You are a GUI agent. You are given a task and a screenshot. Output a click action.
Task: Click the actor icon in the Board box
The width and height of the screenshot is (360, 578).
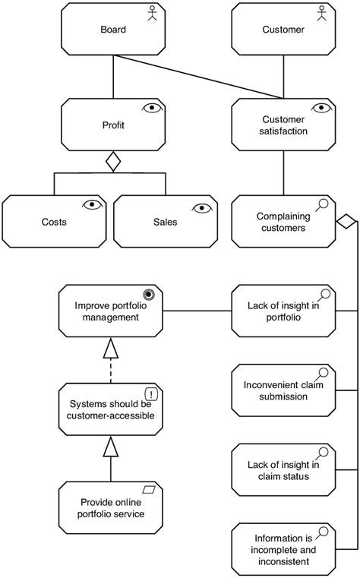(152, 13)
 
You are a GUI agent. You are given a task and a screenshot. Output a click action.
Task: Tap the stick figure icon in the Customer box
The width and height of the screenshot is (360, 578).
(322, 13)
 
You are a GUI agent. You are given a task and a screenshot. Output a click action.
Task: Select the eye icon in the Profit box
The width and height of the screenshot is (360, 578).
(152, 108)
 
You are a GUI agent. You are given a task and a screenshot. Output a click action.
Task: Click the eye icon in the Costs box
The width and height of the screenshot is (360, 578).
(93, 204)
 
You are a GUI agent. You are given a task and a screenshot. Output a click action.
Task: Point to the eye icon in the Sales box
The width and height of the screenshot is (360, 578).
(202, 208)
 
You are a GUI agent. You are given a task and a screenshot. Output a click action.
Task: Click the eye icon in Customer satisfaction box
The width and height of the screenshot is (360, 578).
(322, 108)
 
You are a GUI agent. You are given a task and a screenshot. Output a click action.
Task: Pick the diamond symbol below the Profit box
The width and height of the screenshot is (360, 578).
(113, 162)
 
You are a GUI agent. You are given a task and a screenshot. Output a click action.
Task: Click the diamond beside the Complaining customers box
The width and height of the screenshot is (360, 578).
(346, 222)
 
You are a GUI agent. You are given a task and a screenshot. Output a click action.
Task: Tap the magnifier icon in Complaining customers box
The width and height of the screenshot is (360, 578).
(322, 204)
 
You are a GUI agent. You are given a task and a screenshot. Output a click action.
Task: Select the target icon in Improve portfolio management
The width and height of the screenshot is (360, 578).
(149, 295)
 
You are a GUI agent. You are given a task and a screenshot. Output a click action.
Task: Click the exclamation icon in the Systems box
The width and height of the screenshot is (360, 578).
(151, 394)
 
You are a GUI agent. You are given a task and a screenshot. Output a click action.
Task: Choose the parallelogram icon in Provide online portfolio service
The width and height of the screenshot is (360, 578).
(149, 490)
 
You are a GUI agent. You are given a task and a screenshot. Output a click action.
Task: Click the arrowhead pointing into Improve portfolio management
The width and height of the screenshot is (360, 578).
(111, 348)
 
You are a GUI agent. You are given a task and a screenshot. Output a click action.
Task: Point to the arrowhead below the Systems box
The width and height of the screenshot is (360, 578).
(111, 446)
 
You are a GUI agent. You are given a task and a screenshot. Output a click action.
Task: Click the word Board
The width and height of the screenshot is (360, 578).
(113, 30)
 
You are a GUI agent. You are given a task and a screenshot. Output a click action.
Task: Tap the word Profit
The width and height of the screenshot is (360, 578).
(113, 125)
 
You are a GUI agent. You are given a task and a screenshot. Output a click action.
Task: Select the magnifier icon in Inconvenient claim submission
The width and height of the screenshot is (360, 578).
(322, 374)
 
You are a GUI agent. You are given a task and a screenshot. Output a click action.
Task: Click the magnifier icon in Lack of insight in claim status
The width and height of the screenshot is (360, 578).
(322, 453)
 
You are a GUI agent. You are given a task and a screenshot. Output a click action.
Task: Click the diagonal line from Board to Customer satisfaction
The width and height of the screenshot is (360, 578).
(198, 77)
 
